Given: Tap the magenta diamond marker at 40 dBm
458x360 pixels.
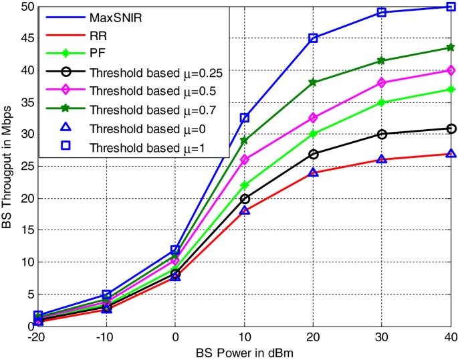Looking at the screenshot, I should [x=451, y=70].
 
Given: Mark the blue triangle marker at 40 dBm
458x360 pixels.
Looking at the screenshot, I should [x=451, y=153].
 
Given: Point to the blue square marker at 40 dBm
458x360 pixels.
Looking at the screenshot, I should [x=451, y=7].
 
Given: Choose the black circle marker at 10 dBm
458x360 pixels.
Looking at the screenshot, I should [x=244, y=199].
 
